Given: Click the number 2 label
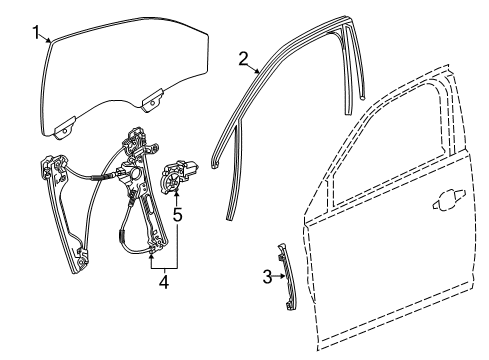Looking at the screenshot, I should [x=242, y=58].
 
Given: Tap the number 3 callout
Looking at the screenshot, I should [x=265, y=277].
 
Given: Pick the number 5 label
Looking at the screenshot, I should [x=176, y=213].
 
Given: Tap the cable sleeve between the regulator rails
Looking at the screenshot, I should [x=99, y=175].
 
